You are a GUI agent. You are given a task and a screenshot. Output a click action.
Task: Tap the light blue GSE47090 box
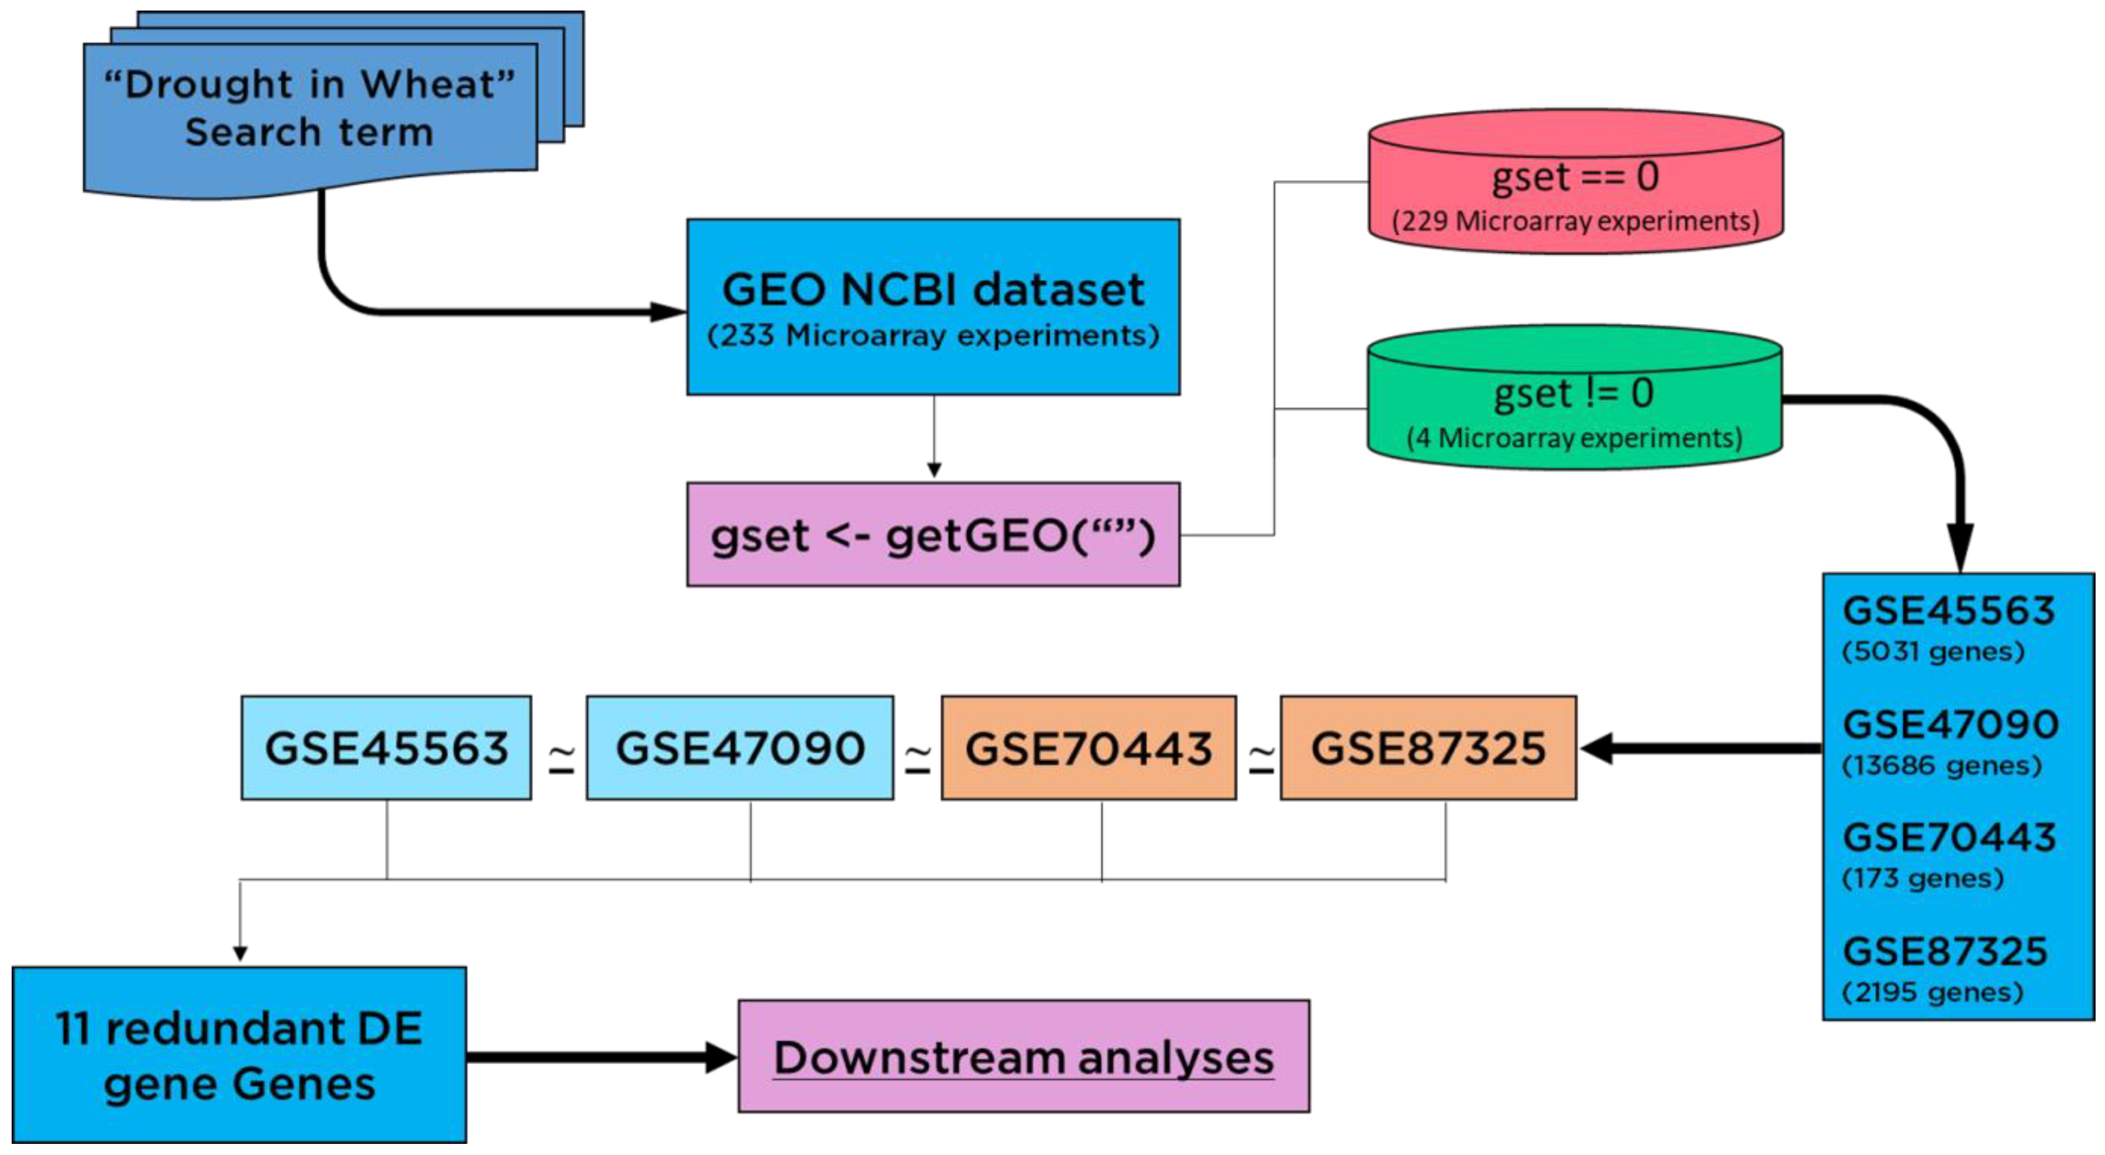pos(740,748)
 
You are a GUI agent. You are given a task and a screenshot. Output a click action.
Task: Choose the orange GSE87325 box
pos(1428,748)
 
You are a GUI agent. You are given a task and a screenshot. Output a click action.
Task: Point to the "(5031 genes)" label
pos(1933,651)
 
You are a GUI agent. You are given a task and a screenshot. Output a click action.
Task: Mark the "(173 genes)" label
pos(1922,878)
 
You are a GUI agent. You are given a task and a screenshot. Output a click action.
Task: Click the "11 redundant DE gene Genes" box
pos(239,1055)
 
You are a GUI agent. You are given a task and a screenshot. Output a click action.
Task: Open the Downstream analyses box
pos(1023,1057)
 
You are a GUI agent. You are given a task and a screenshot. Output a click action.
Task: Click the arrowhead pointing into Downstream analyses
pos(721,1057)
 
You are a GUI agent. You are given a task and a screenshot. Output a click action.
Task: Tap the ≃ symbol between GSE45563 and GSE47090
pos(561,758)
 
